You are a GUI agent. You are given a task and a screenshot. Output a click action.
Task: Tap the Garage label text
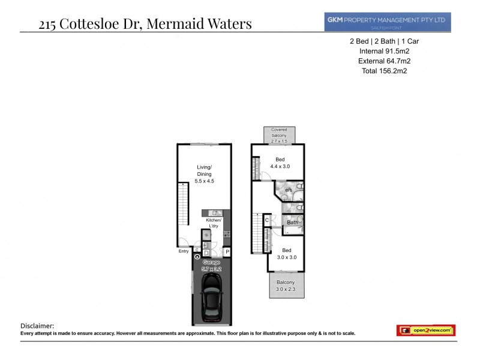pyautogui.click(x=212, y=263)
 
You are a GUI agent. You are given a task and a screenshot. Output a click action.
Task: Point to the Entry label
pyautogui.click(x=184, y=251)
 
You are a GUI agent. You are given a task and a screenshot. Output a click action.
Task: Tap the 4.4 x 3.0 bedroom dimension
pyautogui.click(x=279, y=166)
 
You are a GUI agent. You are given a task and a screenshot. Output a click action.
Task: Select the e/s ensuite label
pyautogui.click(x=289, y=190)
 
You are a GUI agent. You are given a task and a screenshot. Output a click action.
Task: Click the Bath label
pyautogui.click(x=292, y=223)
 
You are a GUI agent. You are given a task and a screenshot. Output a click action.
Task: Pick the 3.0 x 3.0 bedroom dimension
pyautogui.click(x=287, y=257)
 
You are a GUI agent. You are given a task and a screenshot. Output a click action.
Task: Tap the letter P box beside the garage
pyautogui.click(x=227, y=251)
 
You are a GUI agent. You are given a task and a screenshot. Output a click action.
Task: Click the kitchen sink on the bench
pyautogui.click(x=215, y=213)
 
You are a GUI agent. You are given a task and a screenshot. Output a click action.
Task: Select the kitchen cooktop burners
pyautogui.click(x=227, y=234)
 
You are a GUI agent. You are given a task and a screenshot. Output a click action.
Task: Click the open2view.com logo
pyautogui.click(x=425, y=330)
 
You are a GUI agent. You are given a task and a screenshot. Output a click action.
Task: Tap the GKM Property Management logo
pyautogui.click(x=386, y=22)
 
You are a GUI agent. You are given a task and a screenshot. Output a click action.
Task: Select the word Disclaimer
pyautogui.click(x=37, y=325)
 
